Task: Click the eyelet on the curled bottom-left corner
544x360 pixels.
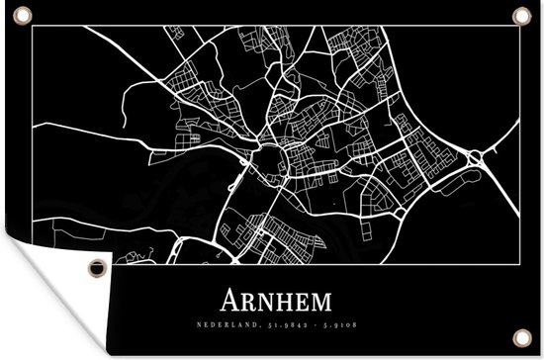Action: (x=95, y=268)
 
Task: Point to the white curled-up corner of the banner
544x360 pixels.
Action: (x=40, y=297)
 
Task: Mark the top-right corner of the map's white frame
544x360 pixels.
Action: (x=515, y=27)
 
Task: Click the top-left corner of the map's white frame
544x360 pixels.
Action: (x=31, y=27)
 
